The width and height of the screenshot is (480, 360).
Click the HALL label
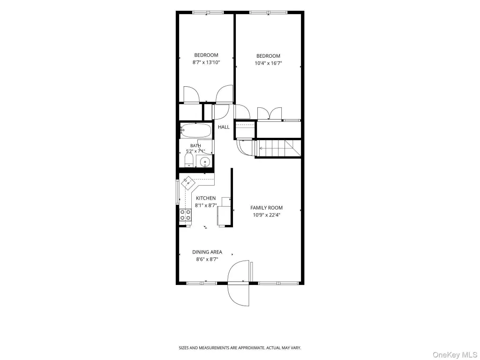coord(224,127)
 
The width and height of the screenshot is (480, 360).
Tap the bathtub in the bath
coord(196,130)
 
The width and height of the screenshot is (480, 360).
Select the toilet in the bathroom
coord(189,160)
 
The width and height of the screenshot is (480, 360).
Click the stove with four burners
coord(186,215)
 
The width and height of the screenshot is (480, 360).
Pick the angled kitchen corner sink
coord(188,183)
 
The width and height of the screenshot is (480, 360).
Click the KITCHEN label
coord(206,198)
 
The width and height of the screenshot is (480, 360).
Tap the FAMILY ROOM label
coord(266,208)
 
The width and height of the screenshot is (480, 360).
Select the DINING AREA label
coord(207,252)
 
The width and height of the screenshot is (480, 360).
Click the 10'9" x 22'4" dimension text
coord(266,215)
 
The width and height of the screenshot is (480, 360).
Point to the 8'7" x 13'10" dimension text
coord(206,62)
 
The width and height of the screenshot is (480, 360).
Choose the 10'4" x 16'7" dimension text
coord(268,63)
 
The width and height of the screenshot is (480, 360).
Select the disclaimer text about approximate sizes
coord(240,348)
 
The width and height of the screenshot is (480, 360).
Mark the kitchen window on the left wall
coord(177,192)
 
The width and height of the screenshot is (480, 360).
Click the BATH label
coord(195,146)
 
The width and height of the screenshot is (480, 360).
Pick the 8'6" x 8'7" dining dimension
coord(207,259)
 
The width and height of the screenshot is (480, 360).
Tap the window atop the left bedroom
coord(207,13)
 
